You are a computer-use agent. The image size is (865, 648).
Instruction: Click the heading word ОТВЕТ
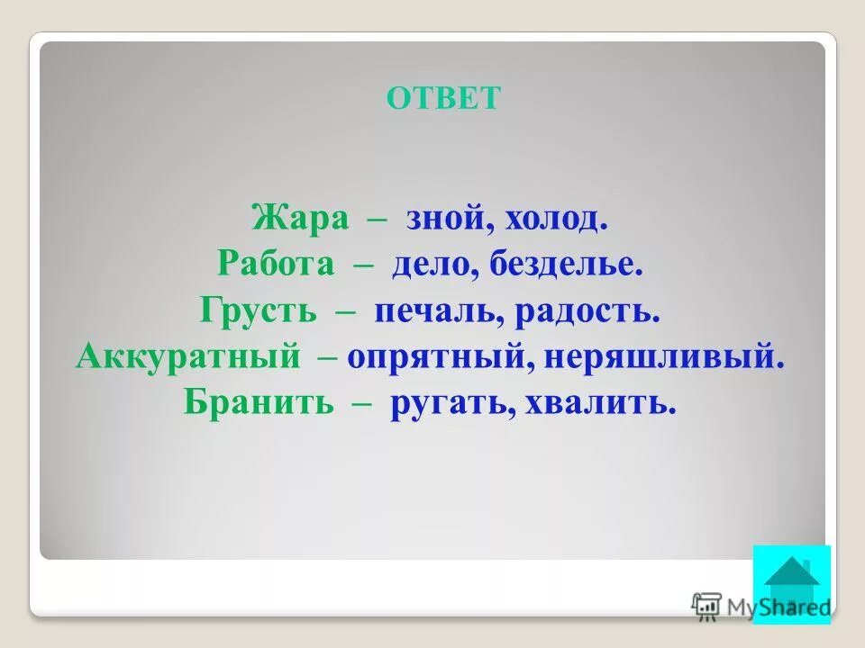pyautogui.click(x=442, y=98)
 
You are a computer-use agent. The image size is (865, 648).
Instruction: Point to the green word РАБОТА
pyautogui.click(x=276, y=265)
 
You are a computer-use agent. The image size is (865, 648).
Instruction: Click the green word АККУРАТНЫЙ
pyautogui.click(x=188, y=357)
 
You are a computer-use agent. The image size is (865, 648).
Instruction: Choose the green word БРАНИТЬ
pyautogui.click(x=259, y=403)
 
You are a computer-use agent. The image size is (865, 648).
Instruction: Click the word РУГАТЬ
pyautogui.click(x=442, y=403)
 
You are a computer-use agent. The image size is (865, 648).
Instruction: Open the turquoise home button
pyautogui.click(x=791, y=584)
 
